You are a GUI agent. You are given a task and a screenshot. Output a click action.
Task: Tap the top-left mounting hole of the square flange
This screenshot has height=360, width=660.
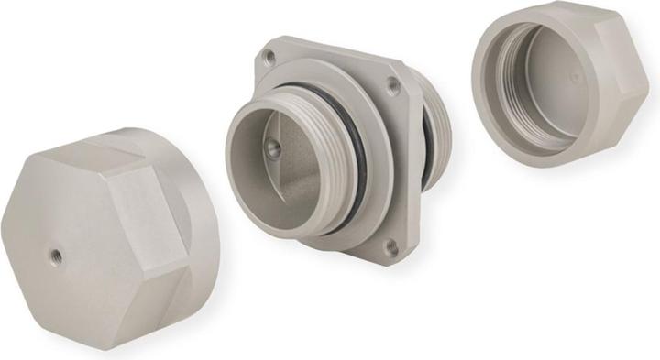click(x=269, y=57)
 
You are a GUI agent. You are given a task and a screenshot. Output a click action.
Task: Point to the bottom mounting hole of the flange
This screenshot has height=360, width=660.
click(x=391, y=245)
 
